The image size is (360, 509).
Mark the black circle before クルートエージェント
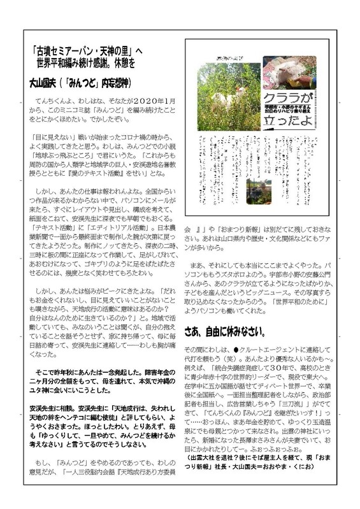coord(236,350)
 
